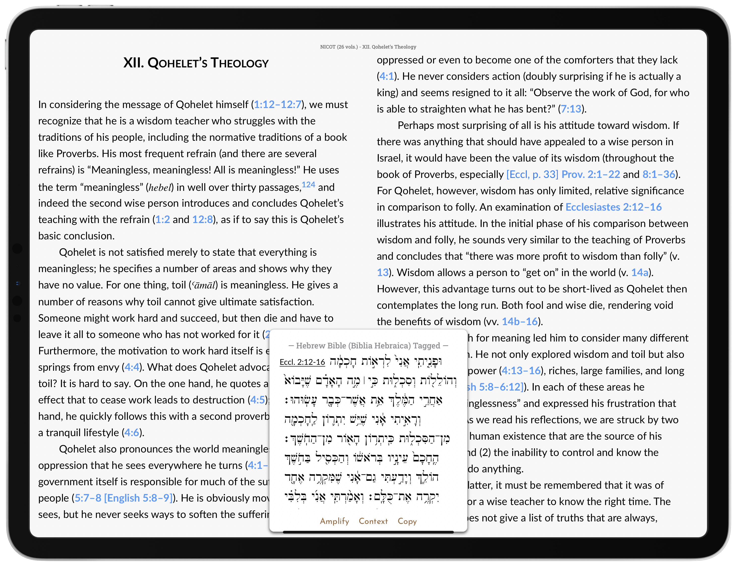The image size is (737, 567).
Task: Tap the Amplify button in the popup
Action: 334,521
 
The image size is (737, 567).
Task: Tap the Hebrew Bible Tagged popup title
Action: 368,345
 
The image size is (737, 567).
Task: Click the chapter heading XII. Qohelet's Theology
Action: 196,63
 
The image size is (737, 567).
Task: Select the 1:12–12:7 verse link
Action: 277,105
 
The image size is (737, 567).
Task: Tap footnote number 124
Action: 308,185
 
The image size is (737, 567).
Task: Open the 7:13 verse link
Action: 571,109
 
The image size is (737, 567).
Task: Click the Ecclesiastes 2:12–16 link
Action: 613,207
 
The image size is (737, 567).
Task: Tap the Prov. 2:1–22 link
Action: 590,174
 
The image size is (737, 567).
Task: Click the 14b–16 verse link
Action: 519,322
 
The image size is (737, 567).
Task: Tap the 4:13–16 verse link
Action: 521,371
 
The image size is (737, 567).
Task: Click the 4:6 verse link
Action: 132,433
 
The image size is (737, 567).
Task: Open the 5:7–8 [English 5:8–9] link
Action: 123,498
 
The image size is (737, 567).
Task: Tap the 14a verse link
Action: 640,273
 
